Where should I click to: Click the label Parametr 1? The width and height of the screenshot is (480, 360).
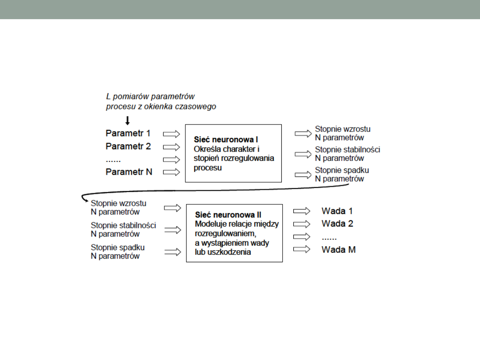click(128, 133)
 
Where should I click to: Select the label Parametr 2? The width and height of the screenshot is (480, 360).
click(128, 146)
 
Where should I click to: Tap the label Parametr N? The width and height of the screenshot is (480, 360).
click(128, 172)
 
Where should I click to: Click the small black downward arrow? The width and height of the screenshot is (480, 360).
click(128, 120)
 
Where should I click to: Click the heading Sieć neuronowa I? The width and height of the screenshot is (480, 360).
click(226, 140)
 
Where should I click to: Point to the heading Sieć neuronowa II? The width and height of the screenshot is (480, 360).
click(228, 215)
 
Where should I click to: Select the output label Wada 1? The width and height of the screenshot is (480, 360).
click(337, 211)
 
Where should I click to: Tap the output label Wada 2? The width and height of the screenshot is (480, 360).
click(337, 223)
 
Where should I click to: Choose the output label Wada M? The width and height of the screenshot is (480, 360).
click(338, 249)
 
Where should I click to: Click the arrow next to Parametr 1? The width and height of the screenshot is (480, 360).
click(172, 134)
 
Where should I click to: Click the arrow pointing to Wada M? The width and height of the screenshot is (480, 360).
click(302, 249)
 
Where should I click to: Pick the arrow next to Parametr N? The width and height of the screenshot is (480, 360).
click(172, 172)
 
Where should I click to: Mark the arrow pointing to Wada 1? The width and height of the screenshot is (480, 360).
click(302, 211)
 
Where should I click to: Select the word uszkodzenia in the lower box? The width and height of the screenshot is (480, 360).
click(232, 252)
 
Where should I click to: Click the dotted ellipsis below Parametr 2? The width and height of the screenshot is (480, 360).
click(113, 159)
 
